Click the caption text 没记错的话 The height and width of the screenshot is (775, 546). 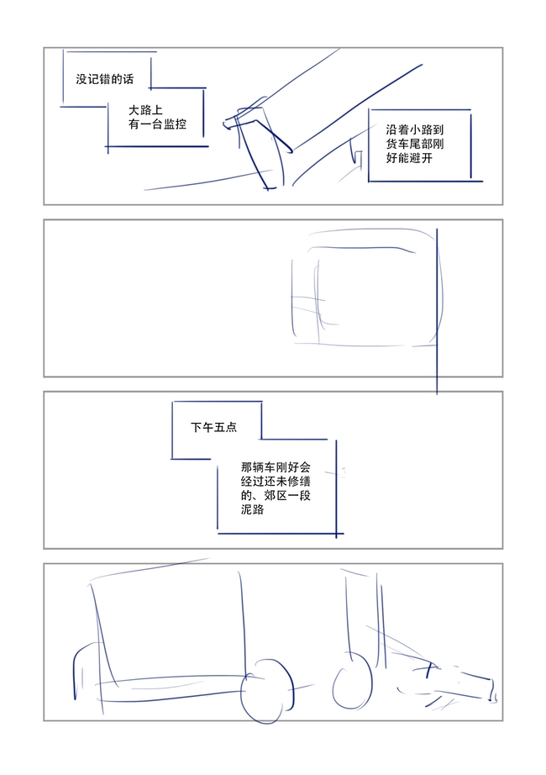pos(105,79)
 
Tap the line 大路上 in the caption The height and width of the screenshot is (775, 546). pos(146,110)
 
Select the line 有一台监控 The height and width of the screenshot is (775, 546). pos(157,124)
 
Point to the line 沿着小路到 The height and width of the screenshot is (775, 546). pos(415,129)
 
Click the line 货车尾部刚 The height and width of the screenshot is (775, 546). pos(415,144)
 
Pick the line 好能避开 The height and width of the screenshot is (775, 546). pos(409,158)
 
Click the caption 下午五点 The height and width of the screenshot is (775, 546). pos(214,427)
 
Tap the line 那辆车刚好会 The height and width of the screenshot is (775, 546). pos(276,467)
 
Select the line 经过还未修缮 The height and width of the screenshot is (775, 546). pos(276,482)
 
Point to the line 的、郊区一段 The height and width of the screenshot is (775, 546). pos(276,495)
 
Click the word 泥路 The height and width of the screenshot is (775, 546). pos(253,509)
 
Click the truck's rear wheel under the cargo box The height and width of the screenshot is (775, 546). pos(267,691)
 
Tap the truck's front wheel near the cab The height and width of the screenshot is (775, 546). pos(352,682)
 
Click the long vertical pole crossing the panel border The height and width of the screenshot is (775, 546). pos(437,311)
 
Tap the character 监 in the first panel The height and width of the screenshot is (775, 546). pos(169,124)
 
